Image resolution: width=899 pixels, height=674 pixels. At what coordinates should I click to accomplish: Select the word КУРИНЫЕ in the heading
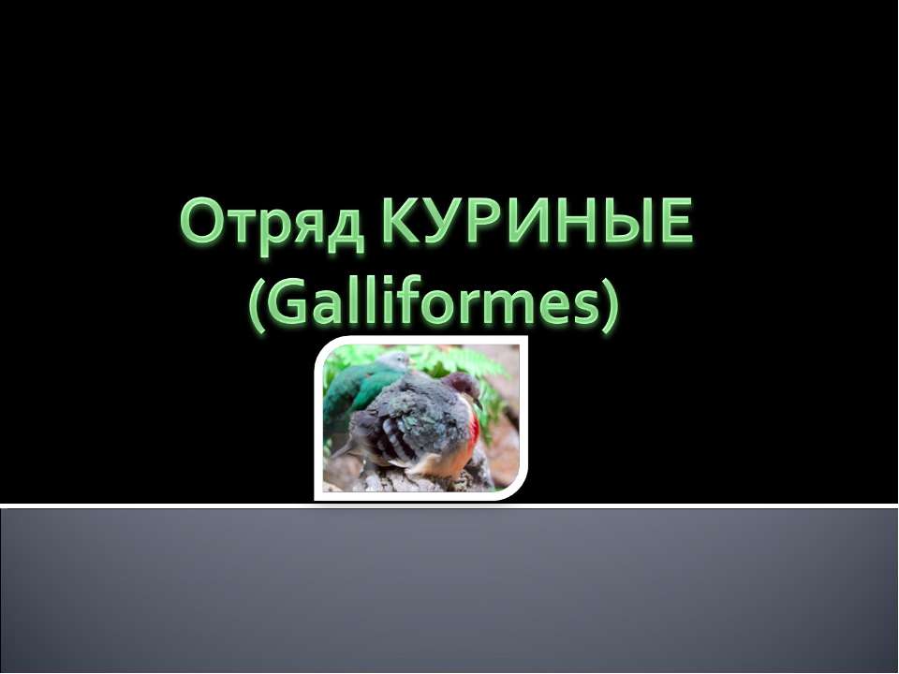tap(539, 226)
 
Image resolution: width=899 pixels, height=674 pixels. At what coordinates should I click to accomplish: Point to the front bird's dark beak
tap(480, 401)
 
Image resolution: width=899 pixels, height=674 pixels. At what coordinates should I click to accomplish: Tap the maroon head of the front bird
tap(461, 386)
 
